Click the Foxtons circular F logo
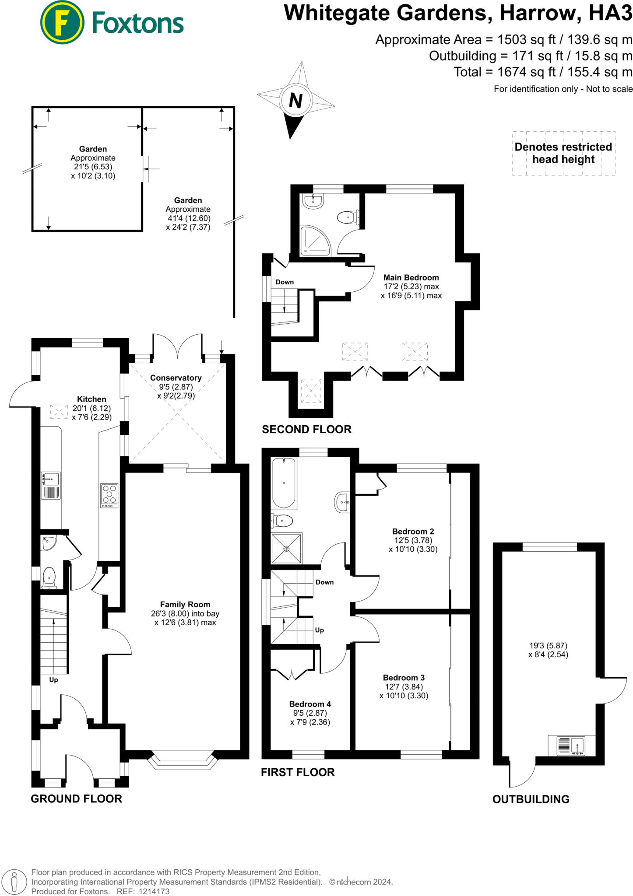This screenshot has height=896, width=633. click(x=62, y=23)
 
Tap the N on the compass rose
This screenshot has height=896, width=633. click(x=296, y=101)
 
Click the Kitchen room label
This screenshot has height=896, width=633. click(x=91, y=399)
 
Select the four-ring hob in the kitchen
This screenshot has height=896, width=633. click(x=109, y=495)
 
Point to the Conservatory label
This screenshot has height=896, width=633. click(x=176, y=378)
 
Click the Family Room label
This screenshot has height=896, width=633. click(x=185, y=604)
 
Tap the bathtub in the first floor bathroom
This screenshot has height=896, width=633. click(x=284, y=483)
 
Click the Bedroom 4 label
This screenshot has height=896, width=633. click(x=310, y=704)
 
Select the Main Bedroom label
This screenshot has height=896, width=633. click(x=411, y=277)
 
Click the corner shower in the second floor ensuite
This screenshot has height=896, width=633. click(x=314, y=241)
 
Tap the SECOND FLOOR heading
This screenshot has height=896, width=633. click(x=306, y=430)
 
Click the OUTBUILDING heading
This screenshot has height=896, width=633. click(x=531, y=799)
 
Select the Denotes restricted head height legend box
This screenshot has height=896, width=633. click(x=563, y=153)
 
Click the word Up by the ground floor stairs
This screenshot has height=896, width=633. click(x=53, y=680)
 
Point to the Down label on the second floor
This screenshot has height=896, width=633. click(x=285, y=282)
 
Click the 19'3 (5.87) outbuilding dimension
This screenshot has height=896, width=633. click(x=548, y=646)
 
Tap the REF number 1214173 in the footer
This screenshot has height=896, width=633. click(x=154, y=892)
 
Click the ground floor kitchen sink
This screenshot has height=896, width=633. click(x=51, y=479)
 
